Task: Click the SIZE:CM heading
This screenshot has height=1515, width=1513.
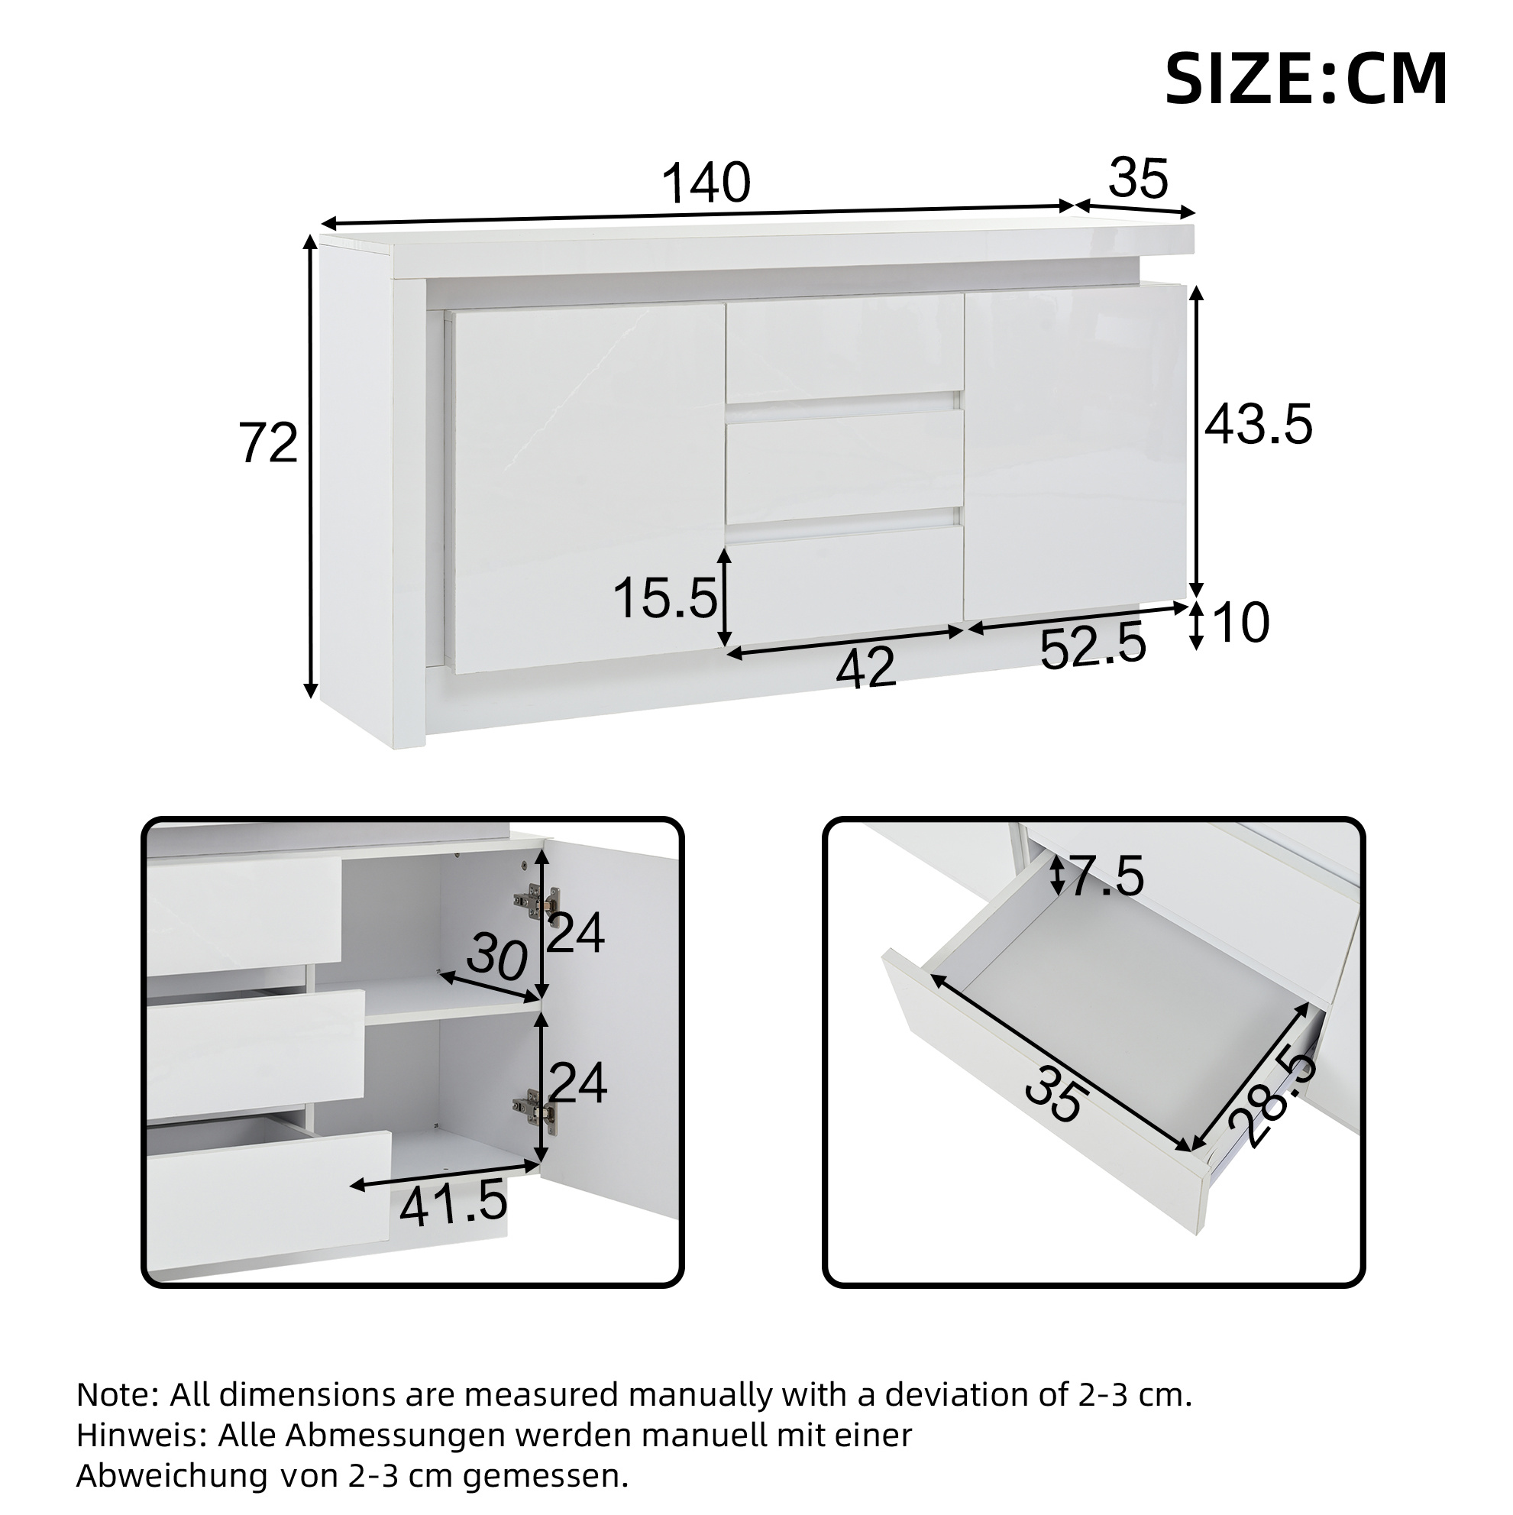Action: coord(1305,79)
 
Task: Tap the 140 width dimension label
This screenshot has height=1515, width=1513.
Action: coord(706,183)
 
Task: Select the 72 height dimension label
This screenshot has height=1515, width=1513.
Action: coord(268,443)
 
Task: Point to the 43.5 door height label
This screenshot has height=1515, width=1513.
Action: coord(1258,425)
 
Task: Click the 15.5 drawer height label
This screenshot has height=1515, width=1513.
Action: coord(665,598)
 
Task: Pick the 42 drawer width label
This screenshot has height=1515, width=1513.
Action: coord(865,669)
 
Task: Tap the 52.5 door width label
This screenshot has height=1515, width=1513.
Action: coord(1093,648)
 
